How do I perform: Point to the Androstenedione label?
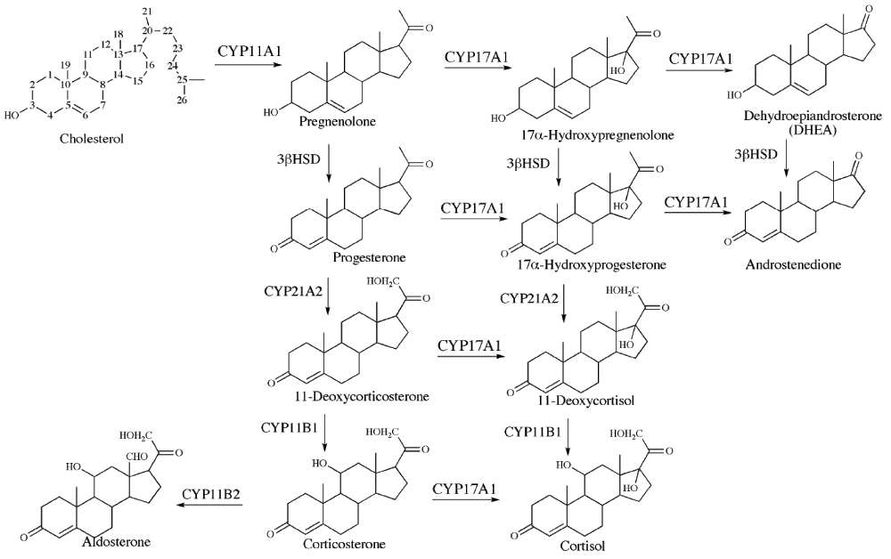pos(793,264)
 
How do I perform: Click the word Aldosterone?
pos(117,541)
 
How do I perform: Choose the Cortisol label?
pos(583,546)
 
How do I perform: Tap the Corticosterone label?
pos(344,544)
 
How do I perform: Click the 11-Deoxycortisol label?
pos(586,401)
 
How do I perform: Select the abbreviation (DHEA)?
pos(809,130)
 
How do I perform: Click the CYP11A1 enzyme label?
pos(250,51)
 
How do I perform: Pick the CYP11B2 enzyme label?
pos(211,494)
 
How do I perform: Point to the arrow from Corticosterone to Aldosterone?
pos(211,506)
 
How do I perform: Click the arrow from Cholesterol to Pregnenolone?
pos(249,65)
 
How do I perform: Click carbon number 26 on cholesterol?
pos(183,101)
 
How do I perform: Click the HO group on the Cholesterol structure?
pos(12,115)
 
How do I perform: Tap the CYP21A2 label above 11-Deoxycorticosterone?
pos(293,291)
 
